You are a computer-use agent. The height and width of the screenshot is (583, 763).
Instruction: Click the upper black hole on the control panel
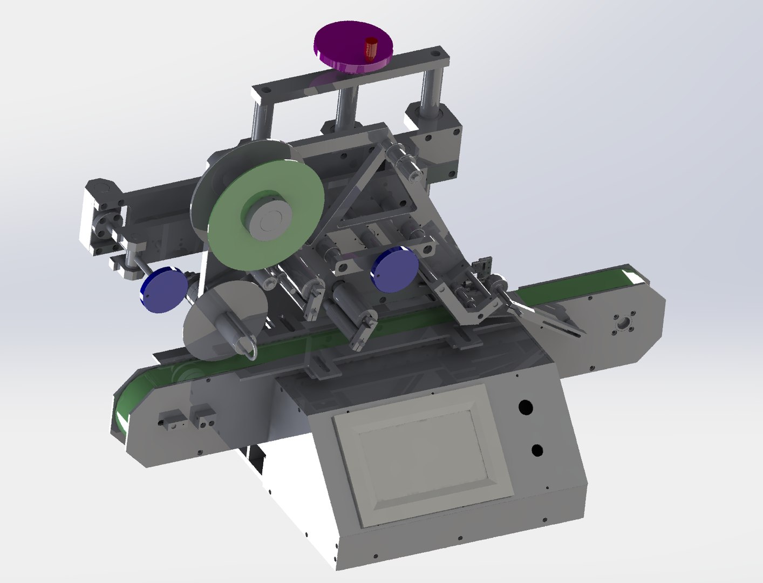click(x=523, y=408)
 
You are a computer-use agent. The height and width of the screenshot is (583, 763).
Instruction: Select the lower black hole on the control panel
click(x=537, y=450)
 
